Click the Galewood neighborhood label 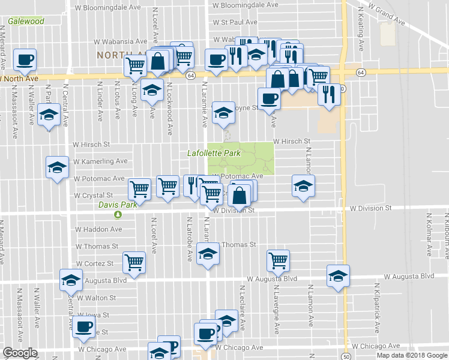(26, 22)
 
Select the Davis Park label (118, 205)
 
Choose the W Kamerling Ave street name (101, 161)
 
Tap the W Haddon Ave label (98, 229)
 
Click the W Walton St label (95, 298)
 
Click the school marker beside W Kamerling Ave (57, 167)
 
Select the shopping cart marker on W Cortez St (134, 262)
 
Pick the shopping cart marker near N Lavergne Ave (278, 260)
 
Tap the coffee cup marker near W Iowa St (83, 328)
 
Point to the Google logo (20, 353)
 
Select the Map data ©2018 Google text (412, 355)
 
